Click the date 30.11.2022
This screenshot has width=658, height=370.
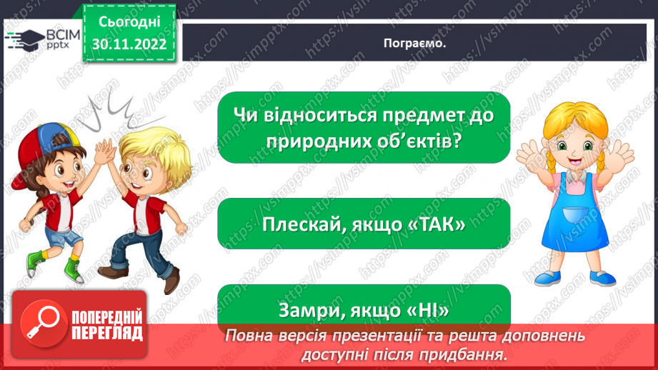pyautogui.click(x=129, y=44)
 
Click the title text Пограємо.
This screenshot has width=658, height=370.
pyautogui.click(x=414, y=43)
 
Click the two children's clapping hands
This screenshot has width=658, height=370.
pyautogui.click(x=105, y=150)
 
